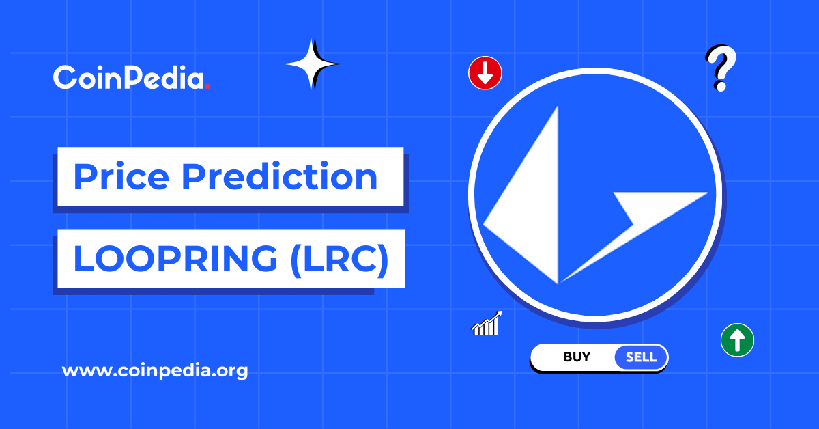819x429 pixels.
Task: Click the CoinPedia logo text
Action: [129, 78]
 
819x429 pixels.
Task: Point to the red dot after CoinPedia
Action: [207, 87]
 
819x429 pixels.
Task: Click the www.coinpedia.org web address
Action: [155, 372]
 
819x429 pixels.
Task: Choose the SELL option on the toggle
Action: [641, 357]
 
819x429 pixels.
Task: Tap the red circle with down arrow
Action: [485, 73]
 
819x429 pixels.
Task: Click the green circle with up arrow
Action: [737, 340]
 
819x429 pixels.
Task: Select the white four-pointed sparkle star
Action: [313, 64]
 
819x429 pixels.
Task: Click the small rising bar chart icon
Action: [487, 324]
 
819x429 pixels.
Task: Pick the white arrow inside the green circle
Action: [737, 339]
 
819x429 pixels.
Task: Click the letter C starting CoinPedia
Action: [65, 78]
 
